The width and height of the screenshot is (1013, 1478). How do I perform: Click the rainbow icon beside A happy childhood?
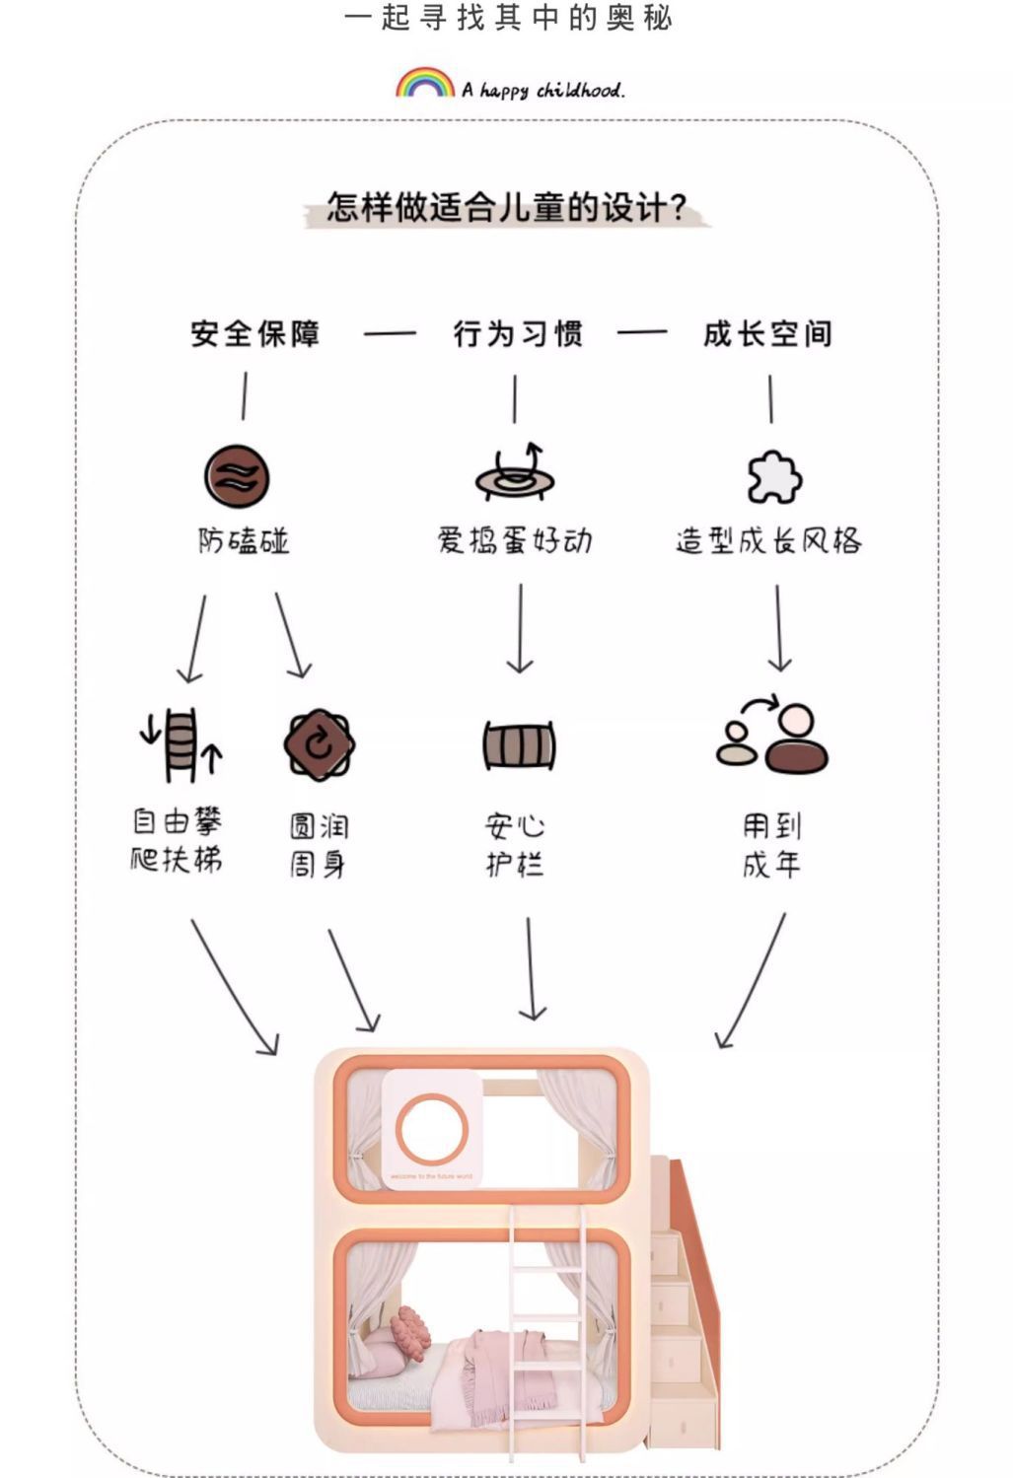pos(424,83)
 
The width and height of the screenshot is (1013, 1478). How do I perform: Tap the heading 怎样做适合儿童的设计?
pos(506,208)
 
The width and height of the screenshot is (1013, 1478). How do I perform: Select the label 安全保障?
pos(255,334)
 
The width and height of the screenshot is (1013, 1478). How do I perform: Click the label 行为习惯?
pos(518,334)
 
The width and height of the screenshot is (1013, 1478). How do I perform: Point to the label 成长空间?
pos(767,334)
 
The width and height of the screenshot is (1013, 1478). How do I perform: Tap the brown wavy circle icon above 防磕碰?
pos(237,476)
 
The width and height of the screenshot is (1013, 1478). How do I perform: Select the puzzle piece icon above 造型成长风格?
pos(774,478)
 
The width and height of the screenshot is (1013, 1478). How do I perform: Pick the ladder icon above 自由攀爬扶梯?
pos(181,744)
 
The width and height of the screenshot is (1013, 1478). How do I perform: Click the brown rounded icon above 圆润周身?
pos(319,744)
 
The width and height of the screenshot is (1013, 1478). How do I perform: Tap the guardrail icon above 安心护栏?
pos(519,745)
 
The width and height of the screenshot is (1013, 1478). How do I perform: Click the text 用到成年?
pos(771,845)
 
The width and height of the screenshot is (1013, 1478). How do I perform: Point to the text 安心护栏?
pos(515,845)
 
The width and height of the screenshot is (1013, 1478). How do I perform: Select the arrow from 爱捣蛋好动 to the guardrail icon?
pos(520,628)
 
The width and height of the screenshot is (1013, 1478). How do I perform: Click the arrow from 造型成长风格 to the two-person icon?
pos(778,628)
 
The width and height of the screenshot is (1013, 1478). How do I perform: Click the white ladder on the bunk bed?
pos(546,1321)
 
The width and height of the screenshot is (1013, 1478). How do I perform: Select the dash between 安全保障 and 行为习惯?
pos(390,334)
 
